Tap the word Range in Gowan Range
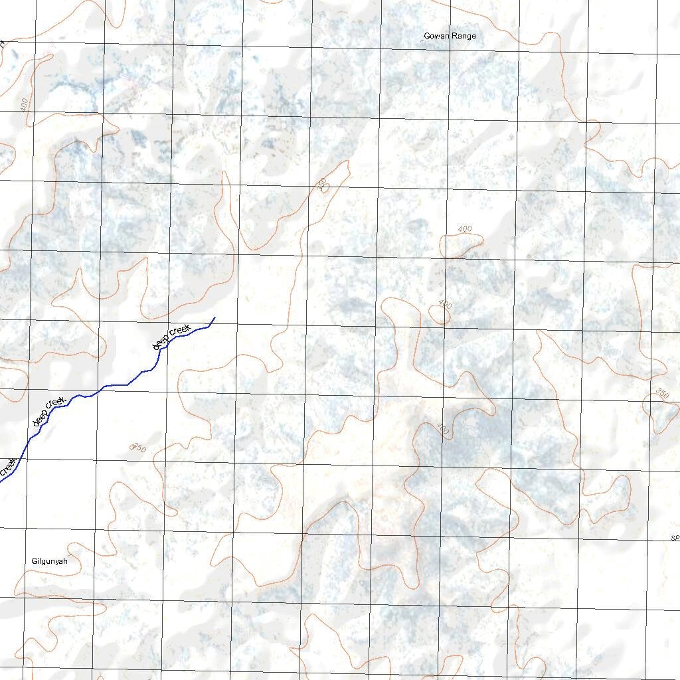464,36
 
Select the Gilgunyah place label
50,561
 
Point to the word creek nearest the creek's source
181,329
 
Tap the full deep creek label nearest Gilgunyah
48,411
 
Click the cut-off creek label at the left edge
8,467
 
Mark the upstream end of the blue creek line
214,318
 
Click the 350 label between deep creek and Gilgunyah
138,448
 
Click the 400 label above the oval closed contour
465,229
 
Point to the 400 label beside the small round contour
445,304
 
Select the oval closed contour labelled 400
462,246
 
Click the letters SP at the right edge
675,537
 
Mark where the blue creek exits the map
1,480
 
